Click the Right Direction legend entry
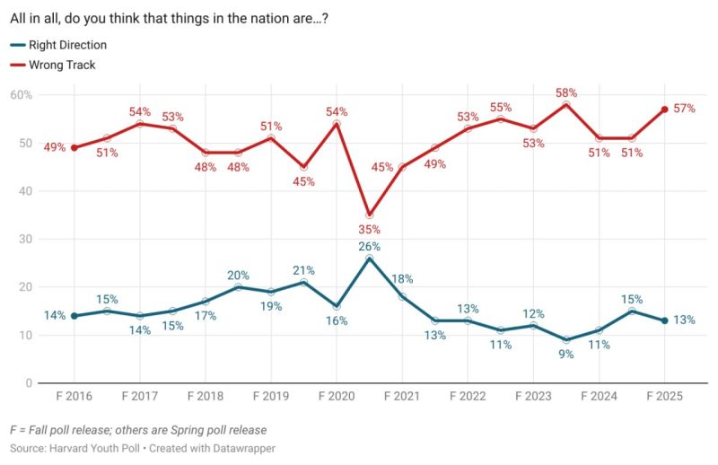(67, 45)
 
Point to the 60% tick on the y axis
(22, 95)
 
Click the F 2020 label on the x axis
(337, 396)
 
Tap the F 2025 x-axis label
(664, 396)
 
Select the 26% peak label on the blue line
(369, 246)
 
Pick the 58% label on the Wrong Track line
(565, 92)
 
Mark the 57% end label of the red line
(685, 109)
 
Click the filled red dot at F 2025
(664, 110)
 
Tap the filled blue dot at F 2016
(74, 316)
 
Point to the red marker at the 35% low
(369, 215)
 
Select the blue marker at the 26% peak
(369, 259)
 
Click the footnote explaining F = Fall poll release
(138, 430)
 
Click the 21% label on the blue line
(303, 271)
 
